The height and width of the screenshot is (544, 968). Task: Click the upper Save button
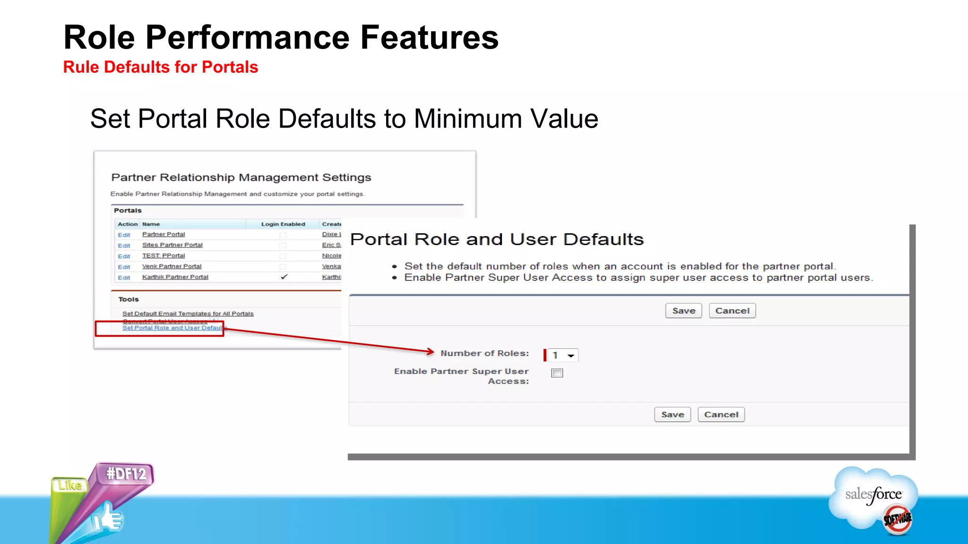pos(683,311)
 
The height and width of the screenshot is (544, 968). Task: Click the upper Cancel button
pos(732,311)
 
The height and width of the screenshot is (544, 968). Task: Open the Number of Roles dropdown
pos(563,355)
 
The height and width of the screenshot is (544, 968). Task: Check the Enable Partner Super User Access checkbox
pos(557,373)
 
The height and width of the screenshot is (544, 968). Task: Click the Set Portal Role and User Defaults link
pos(172,328)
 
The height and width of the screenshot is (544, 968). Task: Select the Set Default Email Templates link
pos(188,314)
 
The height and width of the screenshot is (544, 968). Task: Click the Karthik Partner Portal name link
pos(175,277)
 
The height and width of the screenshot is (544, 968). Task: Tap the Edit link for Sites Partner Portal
pos(124,246)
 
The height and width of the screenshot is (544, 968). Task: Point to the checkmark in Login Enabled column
pos(284,277)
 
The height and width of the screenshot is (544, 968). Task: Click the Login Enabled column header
pos(283,224)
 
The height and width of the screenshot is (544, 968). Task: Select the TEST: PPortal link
pos(164,256)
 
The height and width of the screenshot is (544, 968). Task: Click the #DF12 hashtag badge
pos(126,474)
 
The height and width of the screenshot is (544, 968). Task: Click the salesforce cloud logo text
pos(873,494)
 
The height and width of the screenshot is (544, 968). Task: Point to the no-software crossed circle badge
pos(897,519)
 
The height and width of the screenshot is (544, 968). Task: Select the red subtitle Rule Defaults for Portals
pos(161,67)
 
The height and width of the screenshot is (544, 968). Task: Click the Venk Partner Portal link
pos(172,266)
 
